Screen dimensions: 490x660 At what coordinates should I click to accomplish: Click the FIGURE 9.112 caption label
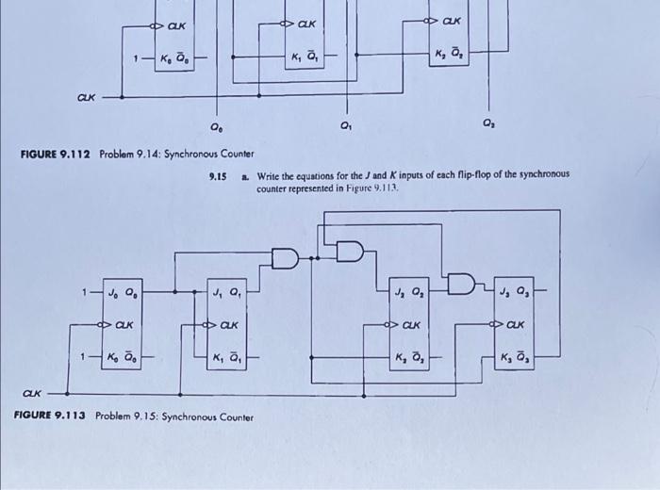coord(55,154)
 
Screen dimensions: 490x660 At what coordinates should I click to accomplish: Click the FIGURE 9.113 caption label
coord(52,416)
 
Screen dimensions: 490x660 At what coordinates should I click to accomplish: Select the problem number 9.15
coord(218,175)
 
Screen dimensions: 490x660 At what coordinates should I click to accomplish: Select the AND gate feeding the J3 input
coord(463,284)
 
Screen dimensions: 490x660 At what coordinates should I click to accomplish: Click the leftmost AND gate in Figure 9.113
coord(285,256)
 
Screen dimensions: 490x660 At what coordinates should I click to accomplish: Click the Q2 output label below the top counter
coord(487,122)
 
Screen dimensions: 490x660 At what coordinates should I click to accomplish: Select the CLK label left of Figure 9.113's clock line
coord(33,393)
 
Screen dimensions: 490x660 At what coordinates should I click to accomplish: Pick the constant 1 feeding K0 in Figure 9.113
coord(86,357)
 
